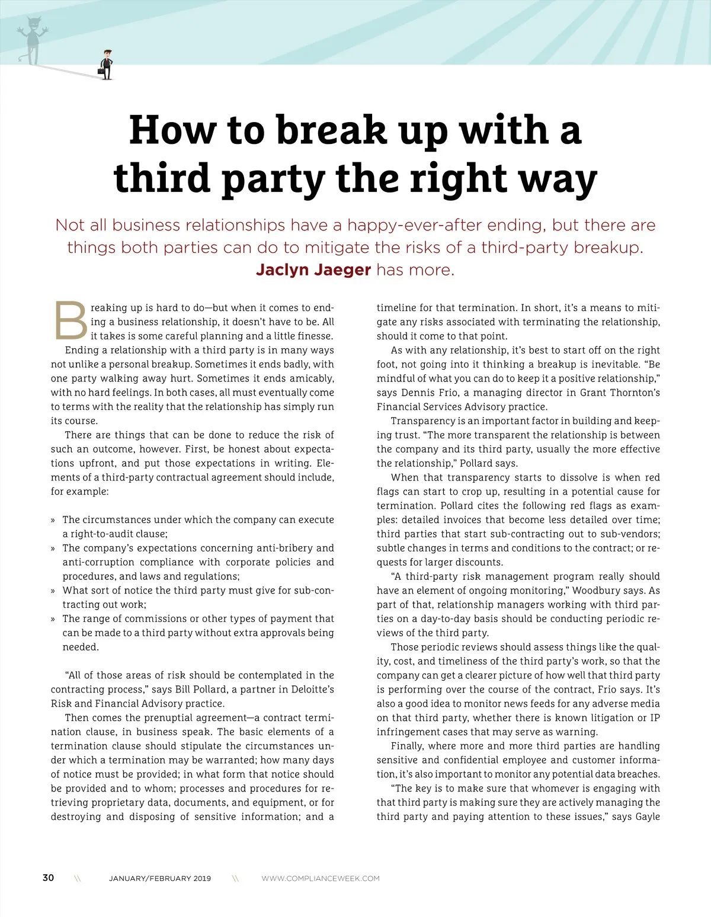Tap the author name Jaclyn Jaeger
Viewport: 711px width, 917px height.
[x=313, y=270]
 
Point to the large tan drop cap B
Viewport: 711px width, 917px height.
[x=71, y=322]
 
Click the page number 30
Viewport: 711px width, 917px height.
[x=48, y=878]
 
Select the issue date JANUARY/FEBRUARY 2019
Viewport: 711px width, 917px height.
[x=160, y=878]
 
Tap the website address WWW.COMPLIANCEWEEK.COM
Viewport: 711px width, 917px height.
[x=321, y=878]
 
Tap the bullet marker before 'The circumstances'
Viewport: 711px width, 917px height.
[x=53, y=520]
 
